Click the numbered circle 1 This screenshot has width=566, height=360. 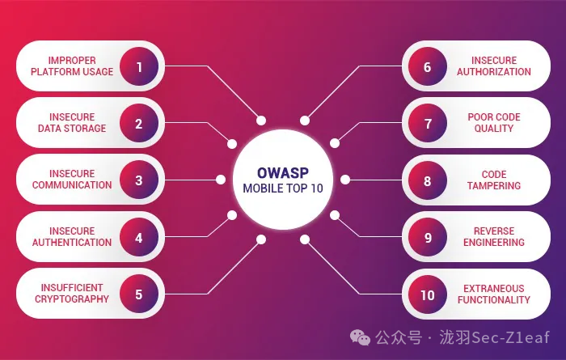coord(139,66)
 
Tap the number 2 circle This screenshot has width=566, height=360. coord(139,123)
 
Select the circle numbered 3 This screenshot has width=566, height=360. coord(139,180)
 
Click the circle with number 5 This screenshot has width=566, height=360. coord(139,294)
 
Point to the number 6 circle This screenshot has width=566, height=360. coord(427,66)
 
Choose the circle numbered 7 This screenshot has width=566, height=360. coord(427,123)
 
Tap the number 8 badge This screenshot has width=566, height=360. coord(427,180)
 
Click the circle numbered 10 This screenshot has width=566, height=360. coord(427,294)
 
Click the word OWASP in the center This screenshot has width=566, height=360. coord(283,172)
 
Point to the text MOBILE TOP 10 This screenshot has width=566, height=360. coord(283,189)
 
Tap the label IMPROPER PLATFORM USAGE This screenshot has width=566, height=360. coord(72,66)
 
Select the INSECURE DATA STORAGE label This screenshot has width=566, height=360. coord(72,123)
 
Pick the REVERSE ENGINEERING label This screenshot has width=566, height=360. coord(494,236)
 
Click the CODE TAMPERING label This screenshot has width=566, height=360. coord(494,180)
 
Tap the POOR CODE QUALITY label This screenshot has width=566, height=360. coord(494,123)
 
